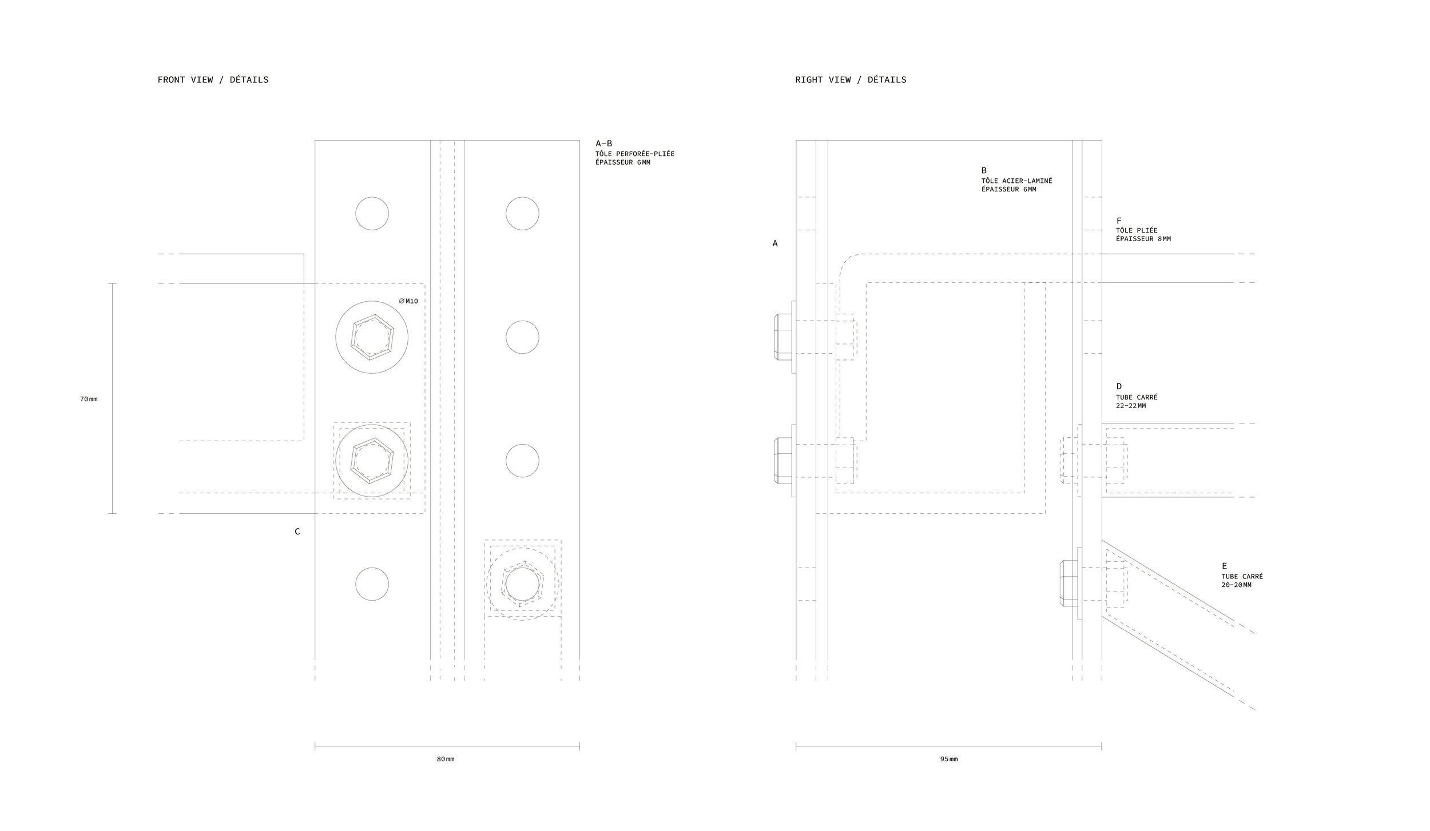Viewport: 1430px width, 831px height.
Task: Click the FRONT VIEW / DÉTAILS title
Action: click(213, 80)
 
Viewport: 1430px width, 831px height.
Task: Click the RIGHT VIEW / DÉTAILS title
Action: click(851, 80)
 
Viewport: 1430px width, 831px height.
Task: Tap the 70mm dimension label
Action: click(89, 399)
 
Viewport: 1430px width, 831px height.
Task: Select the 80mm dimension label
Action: click(446, 759)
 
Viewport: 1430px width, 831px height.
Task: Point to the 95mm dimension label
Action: click(949, 759)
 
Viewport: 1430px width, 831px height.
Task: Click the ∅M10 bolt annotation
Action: click(408, 301)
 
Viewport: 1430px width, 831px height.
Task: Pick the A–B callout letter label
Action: click(603, 143)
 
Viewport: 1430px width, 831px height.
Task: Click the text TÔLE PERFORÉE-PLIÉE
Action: click(635, 154)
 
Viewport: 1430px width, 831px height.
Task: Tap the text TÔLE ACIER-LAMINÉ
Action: click(1017, 181)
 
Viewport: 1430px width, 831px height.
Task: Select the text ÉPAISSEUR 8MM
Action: click(1143, 239)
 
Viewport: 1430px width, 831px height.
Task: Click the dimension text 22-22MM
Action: click(1131, 406)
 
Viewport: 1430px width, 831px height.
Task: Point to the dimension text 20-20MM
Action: click(1236, 585)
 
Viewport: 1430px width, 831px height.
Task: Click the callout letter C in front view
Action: click(297, 532)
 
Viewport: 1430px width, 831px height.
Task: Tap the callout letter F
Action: click(1119, 221)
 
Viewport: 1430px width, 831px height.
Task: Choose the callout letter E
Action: click(1225, 566)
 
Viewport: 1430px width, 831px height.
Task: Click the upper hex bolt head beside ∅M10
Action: click(372, 337)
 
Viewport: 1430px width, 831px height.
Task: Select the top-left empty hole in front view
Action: click(372, 214)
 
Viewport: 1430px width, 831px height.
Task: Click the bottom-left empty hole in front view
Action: click(372, 584)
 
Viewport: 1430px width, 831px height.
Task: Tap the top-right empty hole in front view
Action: click(522, 214)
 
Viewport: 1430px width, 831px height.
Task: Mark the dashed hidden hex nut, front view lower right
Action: click(522, 584)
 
